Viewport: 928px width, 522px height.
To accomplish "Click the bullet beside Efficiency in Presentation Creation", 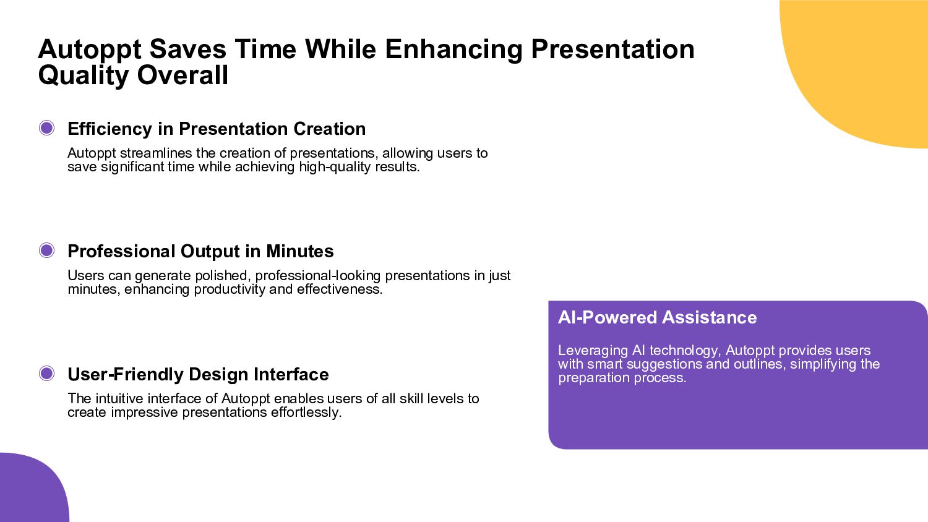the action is click(x=46, y=128).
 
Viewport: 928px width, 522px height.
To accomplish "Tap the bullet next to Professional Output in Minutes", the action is click(x=46, y=250).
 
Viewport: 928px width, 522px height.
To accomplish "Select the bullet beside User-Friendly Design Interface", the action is click(x=46, y=374).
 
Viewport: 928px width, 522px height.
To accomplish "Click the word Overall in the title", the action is click(x=183, y=75).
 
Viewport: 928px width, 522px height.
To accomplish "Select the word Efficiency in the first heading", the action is click(x=110, y=129).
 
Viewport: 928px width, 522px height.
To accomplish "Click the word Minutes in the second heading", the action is click(x=299, y=251).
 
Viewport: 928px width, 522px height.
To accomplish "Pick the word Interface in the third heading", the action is click(x=291, y=374).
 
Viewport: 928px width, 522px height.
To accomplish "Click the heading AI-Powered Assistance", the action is click(x=657, y=317).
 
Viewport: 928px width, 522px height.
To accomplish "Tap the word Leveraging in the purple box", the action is click(x=593, y=351).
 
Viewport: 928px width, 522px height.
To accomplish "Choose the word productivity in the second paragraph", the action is click(x=230, y=289).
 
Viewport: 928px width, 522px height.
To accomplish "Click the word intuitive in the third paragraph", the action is click(x=119, y=398).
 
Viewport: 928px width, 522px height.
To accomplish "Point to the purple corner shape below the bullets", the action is click(x=29, y=491).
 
